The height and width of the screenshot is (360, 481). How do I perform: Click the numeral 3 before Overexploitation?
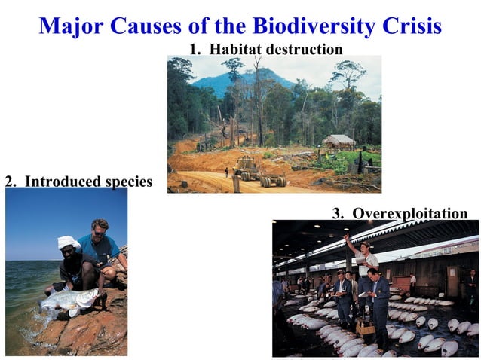(x=337, y=214)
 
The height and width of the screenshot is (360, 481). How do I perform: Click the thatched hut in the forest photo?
(x=339, y=141)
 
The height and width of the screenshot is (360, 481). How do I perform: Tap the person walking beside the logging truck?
(x=225, y=172)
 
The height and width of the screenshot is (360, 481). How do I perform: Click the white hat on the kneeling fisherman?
(x=69, y=243)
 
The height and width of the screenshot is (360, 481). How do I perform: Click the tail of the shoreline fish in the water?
(x=42, y=305)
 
